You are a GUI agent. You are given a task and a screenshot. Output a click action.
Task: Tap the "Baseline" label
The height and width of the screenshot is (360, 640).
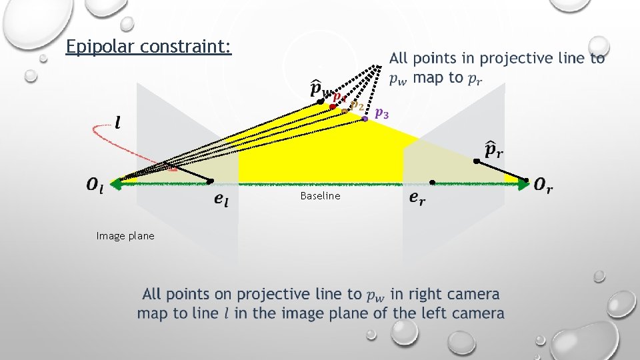[320, 196]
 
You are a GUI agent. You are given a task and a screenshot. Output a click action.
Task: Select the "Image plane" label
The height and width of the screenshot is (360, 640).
[125, 236]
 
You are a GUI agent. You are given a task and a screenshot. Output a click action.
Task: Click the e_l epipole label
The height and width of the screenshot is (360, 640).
[221, 199]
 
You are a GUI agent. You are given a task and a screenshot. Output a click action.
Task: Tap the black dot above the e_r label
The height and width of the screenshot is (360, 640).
[432, 182]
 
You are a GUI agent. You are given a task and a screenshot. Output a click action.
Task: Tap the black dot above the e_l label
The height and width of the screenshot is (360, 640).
[209, 181]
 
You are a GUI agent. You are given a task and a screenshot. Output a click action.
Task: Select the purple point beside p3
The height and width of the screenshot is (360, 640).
[365, 119]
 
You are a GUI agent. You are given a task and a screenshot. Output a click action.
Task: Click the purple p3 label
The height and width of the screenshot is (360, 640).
[383, 113]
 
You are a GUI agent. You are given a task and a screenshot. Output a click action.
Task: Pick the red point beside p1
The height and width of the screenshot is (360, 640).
[331, 107]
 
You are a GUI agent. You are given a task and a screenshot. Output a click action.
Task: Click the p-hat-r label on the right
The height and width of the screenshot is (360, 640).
[494, 149]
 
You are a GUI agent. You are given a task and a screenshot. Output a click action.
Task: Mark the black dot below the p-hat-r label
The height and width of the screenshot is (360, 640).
[475, 162]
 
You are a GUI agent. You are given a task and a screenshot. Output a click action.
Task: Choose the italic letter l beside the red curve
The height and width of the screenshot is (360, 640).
[118, 123]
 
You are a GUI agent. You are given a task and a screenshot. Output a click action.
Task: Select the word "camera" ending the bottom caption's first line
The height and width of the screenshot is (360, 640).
[473, 294]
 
